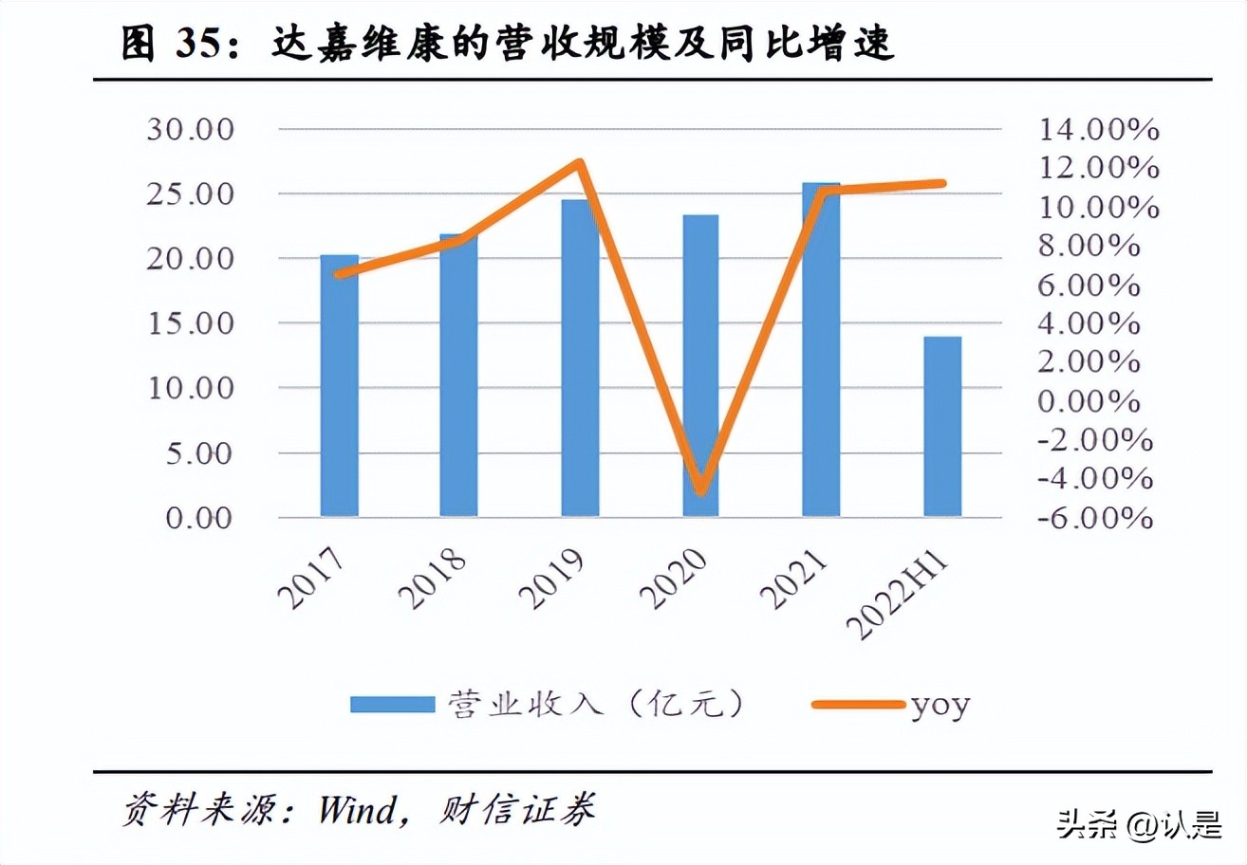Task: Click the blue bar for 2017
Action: pyautogui.click(x=339, y=389)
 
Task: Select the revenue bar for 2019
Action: pyautogui.click(x=580, y=360)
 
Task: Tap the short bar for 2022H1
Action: pyautogui.click(x=941, y=427)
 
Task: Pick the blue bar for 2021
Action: pyautogui.click(x=821, y=351)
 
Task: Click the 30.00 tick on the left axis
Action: pyautogui.click(x=190, y=129)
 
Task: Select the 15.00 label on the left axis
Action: pyautogui.click(x=190, y=323)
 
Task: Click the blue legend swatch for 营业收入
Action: pyautogui.click(x=391, y=705)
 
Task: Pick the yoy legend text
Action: pyautogui.click(x=940, y=706)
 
